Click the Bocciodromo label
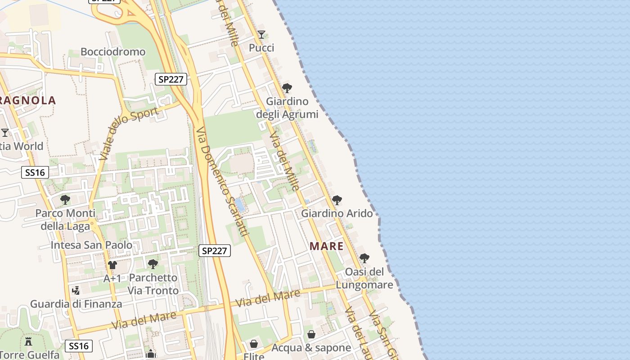click(x=113, y=52)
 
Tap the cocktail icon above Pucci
click(x=261, y=34)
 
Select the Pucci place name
click(x=261, y=48)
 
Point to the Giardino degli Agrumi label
click(x=287, y=108)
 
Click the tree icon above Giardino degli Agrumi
click(x=287, y=88)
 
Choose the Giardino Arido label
click(x=337, y=213)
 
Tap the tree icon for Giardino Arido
click(x=337, y=200)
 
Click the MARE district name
click(x=327, y=246)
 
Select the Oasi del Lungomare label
click(x=364, y=279)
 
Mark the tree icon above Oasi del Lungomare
click(x=364, y=258)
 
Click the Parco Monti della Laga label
click(x=65, y=220)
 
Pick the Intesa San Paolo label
click(x=91, y=245)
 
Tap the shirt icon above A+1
click(x=112, y=265)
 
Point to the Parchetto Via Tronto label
click(x=153, y=284)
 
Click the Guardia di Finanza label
click(x=76, y=304)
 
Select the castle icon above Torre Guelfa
click(x=28, y=341)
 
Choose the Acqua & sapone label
click(x=311, y=348)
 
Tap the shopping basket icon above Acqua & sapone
click(x=311, y=334)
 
